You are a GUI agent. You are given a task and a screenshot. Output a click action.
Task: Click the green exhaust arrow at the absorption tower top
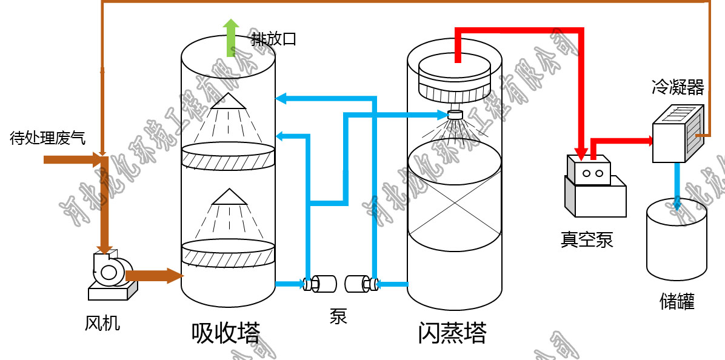click(230, 37)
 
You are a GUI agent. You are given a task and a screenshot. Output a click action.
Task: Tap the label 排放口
click(274, 40)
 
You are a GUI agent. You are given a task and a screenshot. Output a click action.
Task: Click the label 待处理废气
click(47, 139)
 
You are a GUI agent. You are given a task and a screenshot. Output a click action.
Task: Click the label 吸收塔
click(226, 333)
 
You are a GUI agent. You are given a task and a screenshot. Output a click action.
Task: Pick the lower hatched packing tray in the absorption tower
click(228, 254)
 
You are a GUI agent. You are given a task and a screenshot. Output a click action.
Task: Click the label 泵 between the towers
click(338, 316)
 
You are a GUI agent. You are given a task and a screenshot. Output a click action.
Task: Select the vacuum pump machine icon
click(594, 187)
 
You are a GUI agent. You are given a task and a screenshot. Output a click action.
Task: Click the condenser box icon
click(677, 134)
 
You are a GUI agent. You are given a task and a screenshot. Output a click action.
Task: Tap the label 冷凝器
click(678, 88)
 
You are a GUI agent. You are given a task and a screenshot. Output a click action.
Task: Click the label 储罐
click(677, 301)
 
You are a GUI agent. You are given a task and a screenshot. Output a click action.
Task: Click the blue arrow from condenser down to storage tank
click(677, 182)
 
